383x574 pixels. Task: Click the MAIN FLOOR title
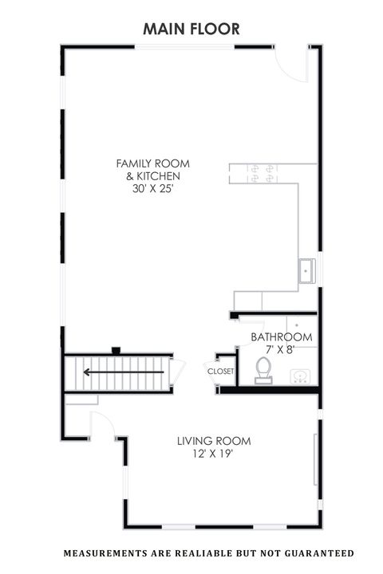click(x=191, y=29)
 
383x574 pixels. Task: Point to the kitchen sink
click(x=306, y=271)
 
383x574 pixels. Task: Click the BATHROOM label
click(x=282, y=337)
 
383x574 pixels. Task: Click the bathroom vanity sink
click(x=302, y=375)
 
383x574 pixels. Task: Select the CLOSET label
click(x=220, y=372)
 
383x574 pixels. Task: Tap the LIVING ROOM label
click(x=214, y=440)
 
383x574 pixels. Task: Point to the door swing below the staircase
click(x=102, y=426)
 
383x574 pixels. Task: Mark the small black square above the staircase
click(x=116, y=350)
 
